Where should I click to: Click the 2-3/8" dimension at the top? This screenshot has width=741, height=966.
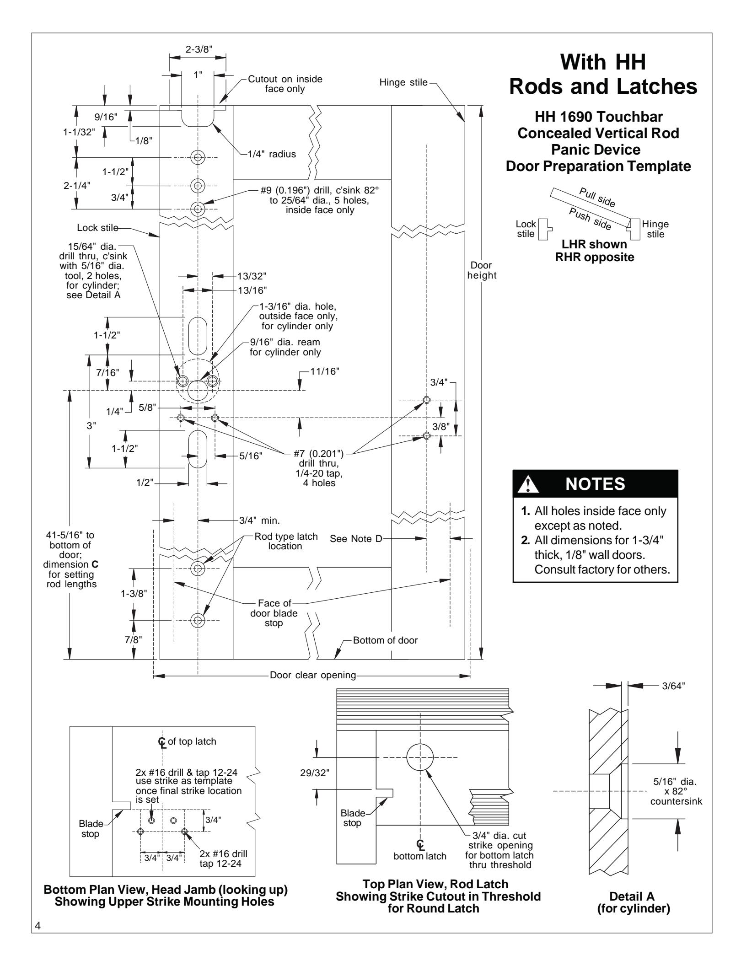point(198,50)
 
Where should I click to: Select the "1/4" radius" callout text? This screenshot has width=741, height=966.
point(271,154)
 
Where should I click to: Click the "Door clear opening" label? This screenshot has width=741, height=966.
point(313,675)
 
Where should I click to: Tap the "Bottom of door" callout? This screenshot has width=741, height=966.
point(386,640)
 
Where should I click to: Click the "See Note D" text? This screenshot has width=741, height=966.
point(356,539)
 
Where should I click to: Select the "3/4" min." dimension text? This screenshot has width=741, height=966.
point(259,520)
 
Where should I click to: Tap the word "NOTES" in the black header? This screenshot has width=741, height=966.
point(595,484)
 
